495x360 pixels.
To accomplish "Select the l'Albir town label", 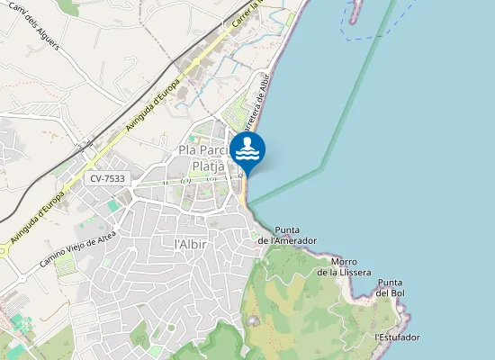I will [193, 244].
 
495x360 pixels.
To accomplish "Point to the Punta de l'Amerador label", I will [287, 235].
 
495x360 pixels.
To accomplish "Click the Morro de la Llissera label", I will [344, 266].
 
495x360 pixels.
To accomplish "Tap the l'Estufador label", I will [397, 337].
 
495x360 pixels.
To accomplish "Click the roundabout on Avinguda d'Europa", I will [2, 252].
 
